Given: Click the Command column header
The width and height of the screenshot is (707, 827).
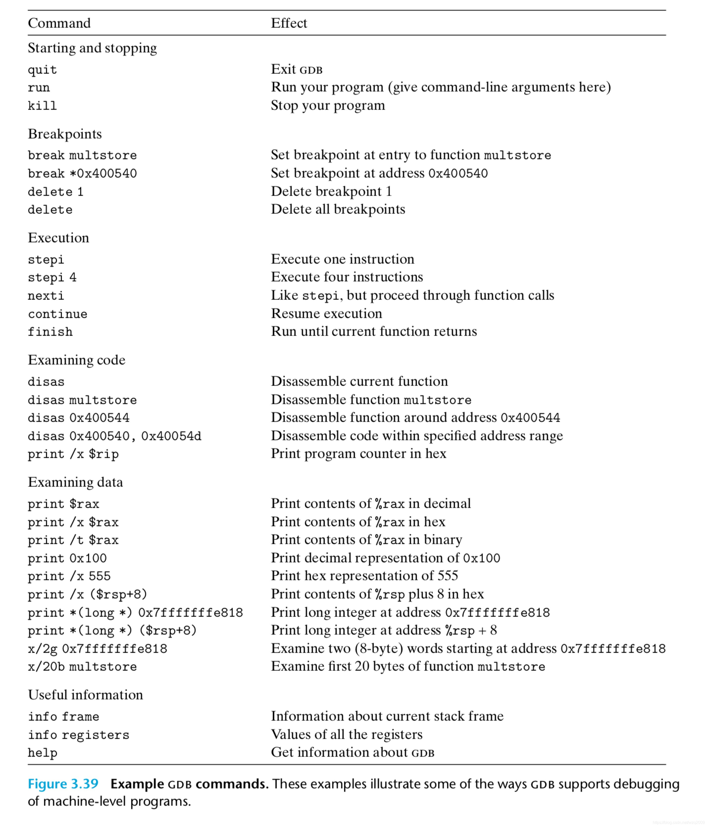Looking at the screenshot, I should (x=59, y=23).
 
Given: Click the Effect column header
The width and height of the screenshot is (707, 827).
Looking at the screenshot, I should (x=289, y=23).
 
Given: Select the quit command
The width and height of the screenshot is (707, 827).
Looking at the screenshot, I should (x=42, y=70).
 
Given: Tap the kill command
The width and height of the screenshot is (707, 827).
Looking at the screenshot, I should (x=42, y=106).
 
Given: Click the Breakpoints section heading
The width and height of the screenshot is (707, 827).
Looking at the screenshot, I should (x=65, y=134).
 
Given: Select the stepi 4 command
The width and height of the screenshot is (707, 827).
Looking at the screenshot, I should (x=52, y=277).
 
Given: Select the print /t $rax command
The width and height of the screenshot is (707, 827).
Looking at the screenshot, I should (x=73, y=540).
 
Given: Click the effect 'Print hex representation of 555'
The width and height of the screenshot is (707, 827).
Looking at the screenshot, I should (x=364, y=576).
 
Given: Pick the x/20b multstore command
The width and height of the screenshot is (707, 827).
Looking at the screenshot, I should (x=82, y=666).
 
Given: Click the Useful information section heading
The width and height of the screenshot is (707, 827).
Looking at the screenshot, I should (x=85, y=695).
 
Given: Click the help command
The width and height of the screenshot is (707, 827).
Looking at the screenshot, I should (x=42, y=753).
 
